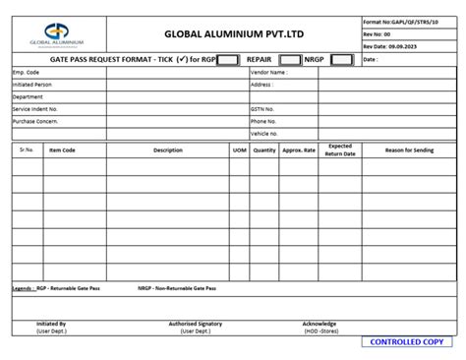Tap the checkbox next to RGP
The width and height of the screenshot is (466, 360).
(x=228, y=59)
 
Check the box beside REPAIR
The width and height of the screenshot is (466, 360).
(x=290, y=59)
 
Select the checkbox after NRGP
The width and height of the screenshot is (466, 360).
(x=341, y=59)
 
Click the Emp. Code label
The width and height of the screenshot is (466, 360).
(x=27, y=72)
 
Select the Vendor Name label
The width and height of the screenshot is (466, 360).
(x=268, y=72)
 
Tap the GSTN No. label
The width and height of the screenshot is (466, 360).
(x=263, y=108)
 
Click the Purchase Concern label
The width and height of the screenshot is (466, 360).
(x=35, y=121)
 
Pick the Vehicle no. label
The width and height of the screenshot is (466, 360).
(x=265, y=133)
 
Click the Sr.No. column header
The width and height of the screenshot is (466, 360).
(x=27, y=150)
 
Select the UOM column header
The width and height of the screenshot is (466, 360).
(x=239, y=150)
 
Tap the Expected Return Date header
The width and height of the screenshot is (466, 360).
(x=340, y=150)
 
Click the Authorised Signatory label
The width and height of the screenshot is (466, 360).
(x=195, y=324)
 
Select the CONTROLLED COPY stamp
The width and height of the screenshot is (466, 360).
(x=406, y=342)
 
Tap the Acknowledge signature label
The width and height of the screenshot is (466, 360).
(x=320, y=324)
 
